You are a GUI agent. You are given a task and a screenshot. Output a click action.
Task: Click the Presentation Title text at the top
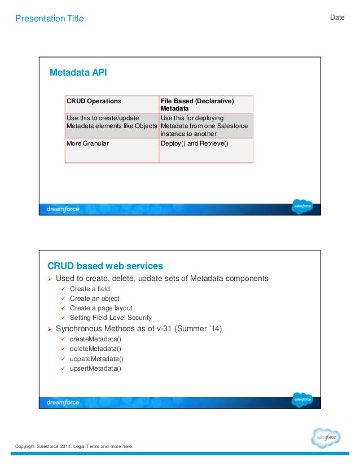49,19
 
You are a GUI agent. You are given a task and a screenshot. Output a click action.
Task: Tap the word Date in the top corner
337,17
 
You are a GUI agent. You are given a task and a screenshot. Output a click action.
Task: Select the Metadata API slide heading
78,73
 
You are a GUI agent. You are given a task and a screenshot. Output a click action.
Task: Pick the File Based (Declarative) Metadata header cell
197,104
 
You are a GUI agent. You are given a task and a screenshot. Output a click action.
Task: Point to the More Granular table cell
87,144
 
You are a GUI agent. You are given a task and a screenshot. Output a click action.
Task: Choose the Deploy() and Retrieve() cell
194,144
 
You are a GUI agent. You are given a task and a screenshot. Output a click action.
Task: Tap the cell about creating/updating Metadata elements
111,122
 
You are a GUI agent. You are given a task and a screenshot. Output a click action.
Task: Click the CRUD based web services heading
105,266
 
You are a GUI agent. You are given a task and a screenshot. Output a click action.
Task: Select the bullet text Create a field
90,289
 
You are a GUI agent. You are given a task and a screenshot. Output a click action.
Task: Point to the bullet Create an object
94,298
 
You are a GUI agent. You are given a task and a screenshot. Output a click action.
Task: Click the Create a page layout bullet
100,308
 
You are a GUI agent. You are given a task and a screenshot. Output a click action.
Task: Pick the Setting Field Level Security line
111,318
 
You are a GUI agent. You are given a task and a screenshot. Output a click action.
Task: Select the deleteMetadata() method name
95,349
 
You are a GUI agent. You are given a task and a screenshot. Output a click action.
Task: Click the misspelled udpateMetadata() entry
96,359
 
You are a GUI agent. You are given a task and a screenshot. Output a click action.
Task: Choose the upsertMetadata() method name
95,368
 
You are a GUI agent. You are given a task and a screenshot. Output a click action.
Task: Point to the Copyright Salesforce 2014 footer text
74,447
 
